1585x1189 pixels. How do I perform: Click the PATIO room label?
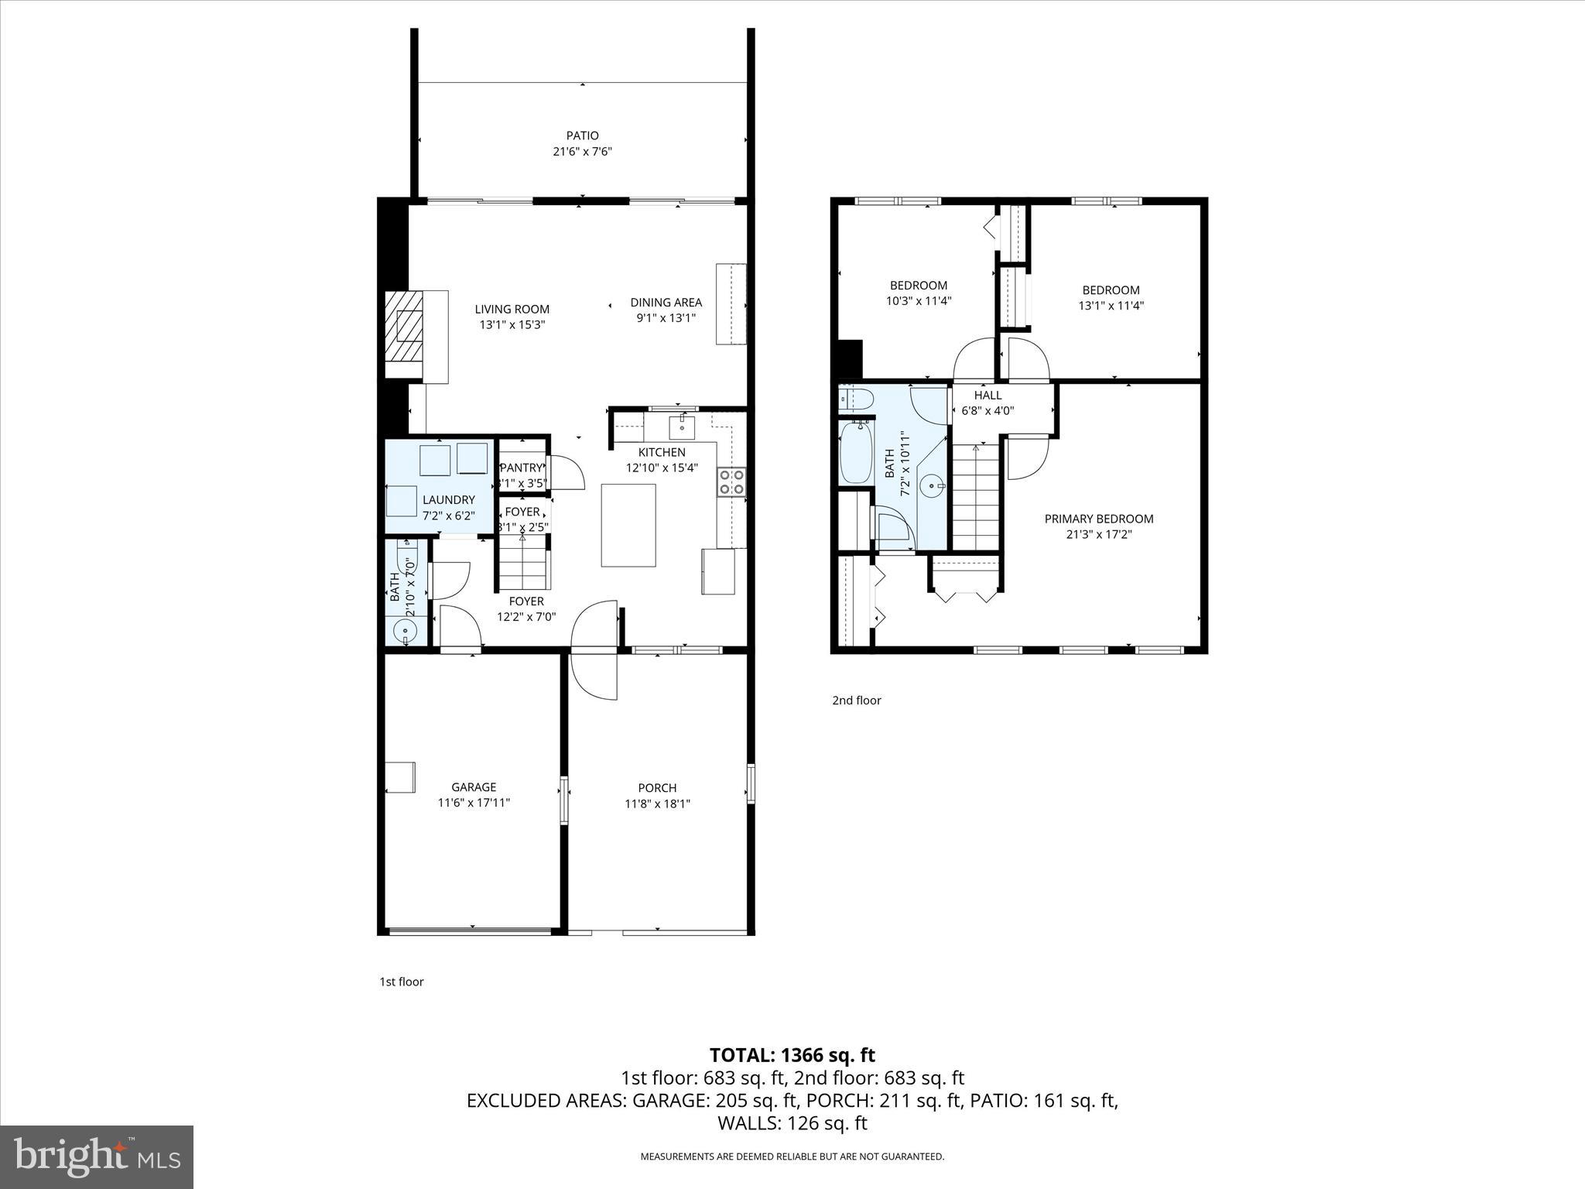[582, 135]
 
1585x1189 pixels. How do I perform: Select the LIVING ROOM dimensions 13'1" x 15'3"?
[512, 325]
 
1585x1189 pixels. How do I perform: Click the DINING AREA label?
[666, 302]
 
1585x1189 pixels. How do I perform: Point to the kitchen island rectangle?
[628, 525]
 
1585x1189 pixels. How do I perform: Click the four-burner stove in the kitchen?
[731, 481]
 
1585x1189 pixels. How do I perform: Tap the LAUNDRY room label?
[448, 500]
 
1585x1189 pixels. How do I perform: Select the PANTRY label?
[522, 468]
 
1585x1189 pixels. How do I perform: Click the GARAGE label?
[474, 787]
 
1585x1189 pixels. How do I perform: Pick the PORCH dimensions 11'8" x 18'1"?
[657, 804]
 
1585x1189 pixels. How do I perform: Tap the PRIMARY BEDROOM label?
[1098, 519]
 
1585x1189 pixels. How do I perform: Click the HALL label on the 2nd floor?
[988, 395]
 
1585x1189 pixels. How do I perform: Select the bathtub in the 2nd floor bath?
[855, 452]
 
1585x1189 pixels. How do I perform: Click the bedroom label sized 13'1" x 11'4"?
[1111, 290]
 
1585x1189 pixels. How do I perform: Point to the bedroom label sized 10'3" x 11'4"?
[918, 285]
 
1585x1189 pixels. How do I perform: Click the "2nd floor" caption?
[856, 701]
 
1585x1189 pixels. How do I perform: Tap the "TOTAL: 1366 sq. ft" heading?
[792, 1055]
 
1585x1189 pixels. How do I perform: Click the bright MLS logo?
[97, 1156]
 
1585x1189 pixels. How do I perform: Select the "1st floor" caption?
[401, 982]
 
